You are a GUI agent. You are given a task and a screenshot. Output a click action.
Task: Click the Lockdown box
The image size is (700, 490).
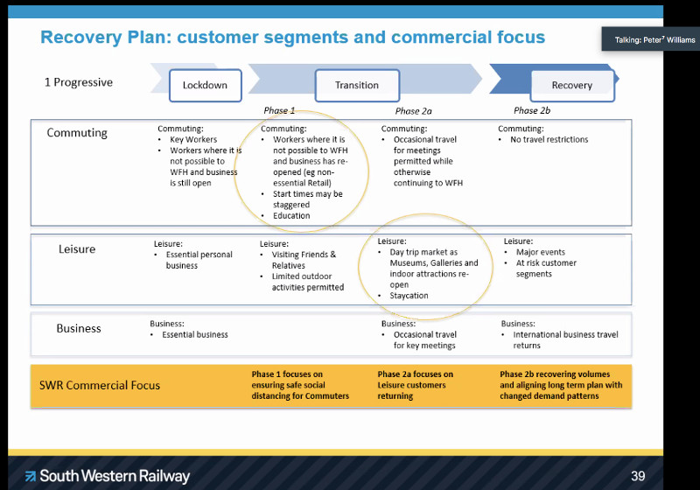pos(205,85)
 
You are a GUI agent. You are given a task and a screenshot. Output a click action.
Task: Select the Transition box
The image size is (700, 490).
pos(357,85)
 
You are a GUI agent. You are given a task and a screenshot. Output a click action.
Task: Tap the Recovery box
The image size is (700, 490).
pos(572,85)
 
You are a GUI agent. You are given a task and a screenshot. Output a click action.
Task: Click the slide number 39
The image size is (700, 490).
pos(638,476)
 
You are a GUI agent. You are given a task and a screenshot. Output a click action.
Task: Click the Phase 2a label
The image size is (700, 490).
pos(414,111)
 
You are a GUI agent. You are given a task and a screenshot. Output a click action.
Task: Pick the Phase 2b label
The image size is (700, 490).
pos(532,110)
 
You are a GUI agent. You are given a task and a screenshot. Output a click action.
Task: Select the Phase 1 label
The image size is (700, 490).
pos(280,111)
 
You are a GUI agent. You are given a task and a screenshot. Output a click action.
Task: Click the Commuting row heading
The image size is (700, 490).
pos(77,133)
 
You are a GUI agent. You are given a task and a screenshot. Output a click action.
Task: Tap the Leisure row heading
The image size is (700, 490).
pos(77,249)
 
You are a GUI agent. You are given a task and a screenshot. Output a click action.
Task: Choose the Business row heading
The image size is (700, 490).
pos(79,328)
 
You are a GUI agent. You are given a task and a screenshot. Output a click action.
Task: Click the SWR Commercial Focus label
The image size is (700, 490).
pos(100,385)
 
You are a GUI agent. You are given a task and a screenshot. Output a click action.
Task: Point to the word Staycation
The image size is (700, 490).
pos(409,296)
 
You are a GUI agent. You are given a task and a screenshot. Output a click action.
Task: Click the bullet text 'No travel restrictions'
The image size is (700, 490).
pos(549,139)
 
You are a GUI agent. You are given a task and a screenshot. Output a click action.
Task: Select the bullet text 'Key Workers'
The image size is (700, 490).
pos(193,139)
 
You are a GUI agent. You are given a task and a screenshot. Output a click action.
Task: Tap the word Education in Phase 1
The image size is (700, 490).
pos(291,215)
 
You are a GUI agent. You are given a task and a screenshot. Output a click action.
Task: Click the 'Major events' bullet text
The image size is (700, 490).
pos(541,253)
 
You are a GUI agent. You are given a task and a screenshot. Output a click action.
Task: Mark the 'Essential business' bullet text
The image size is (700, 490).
pos(195,334)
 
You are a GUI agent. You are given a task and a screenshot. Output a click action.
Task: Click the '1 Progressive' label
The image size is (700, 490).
pos(79,82)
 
